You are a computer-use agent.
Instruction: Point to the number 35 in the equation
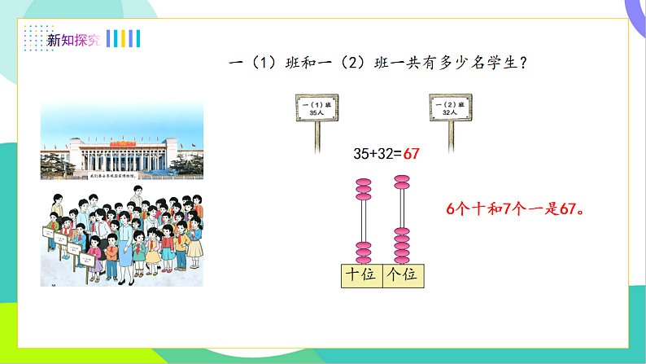pyautogui.click(x=362, y=153)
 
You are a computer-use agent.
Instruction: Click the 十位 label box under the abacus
pyautogui.click(x=361, y=275)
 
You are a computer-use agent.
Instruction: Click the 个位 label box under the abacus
pyautogui.click(x=403, y=275)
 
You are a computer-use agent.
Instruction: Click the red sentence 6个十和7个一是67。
pyautogui.click(x=517, y=208)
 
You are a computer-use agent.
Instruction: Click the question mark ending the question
pyautogui.click(x=522, y=64)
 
